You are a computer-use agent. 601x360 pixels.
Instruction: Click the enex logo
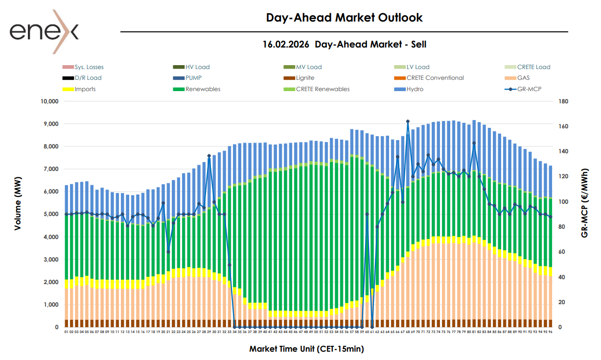point(44,32)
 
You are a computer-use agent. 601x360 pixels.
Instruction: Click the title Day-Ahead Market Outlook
point(344,18)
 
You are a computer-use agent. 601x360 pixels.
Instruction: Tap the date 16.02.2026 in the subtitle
point(286,45)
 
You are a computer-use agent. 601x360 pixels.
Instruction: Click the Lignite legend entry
point(305,78)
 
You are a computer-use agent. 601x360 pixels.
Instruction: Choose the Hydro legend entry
point(415,89)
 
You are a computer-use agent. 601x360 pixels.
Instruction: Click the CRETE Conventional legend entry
point(435,78)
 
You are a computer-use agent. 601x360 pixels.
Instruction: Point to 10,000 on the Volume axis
point(48,101)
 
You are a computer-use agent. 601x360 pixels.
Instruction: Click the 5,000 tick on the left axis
point(50,215)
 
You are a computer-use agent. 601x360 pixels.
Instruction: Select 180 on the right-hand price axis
point(563,101)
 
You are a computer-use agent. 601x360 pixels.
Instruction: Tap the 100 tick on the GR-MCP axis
point(563,202)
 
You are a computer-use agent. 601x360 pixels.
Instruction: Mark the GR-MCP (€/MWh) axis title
point(584,203)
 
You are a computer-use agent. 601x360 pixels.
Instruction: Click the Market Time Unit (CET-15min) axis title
point(306,349)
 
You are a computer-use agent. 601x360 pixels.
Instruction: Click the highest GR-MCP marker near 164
point(408,121)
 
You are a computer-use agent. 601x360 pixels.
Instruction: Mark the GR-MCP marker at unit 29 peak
point(209,156)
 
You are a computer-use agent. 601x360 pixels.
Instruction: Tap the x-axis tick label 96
point(551,332)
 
